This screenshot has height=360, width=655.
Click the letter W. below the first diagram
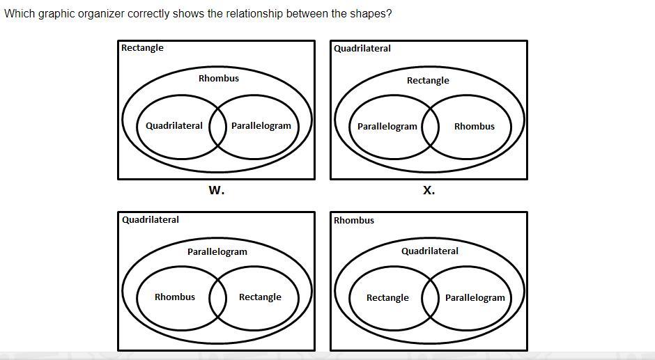pyautogui.click(x=216, y=190)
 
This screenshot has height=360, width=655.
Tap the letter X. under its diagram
pyautogui.click(x=429, y=190)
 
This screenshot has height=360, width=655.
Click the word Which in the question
pyautogui.click(x=20, y=14)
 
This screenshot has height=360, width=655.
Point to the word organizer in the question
pyautogui.click(x=102, y=14)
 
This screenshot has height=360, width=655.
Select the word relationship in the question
pyautogui.click(x=254, y=14)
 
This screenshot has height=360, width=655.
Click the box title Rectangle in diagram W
pyautogui.click(x=142, y=48)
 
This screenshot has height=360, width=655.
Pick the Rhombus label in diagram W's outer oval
pyautogui.click(x=218, y=78)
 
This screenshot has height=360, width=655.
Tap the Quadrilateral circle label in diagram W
pyautogui.click(x=174, y=126)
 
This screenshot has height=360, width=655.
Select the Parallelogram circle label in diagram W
pyautogui.click(x=261, y=126)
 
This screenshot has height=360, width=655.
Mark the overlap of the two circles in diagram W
pyautogui.click(x=218, y=127)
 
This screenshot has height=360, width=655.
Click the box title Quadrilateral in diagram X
pyautogui.click(x=362, y=49)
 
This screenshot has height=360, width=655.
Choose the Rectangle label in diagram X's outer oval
pyautogui.click(x=428, y=81)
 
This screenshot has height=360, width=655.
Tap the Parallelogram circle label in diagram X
pyautogui.click(x=387, y=127)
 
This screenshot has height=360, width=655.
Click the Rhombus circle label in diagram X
pyautogui.click(x=474, y=127)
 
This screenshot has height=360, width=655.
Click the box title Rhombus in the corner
pyautogui.click(x=353, y=221)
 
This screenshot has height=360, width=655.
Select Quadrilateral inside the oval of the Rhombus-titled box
pyautogui.click(x=429, y=251)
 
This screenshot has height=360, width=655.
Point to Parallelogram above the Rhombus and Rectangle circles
pyautogui.click(x=217, y=252)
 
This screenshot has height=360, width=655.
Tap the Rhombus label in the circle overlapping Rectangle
pyautogui.click(x=174, y=297)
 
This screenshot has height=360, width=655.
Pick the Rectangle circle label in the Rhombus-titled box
pyautogui.click(x=387, y=298)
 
